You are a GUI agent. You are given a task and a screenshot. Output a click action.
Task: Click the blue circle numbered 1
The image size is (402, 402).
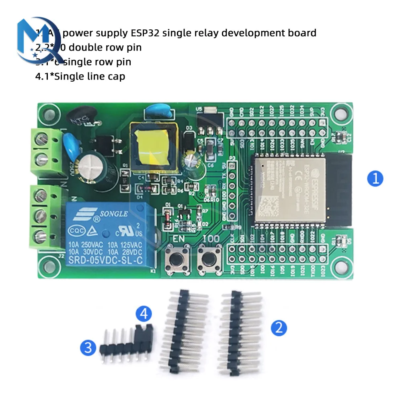[375, 178]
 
